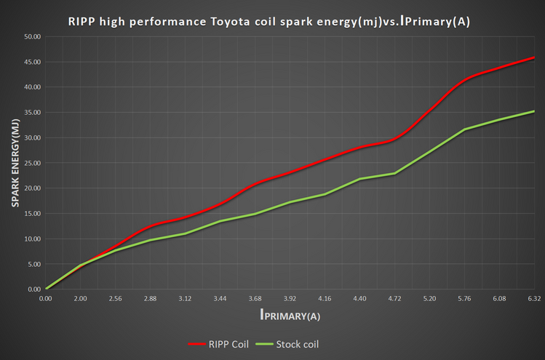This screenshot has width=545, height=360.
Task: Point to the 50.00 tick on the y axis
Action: (32, 36)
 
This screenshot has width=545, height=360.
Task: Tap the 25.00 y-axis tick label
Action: (32, 163)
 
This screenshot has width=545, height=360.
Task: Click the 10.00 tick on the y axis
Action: (32, 239)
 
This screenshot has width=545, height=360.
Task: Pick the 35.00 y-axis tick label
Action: (32, 112)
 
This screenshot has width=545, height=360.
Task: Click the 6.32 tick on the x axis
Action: (534, 298)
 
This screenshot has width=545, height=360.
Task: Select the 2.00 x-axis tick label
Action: (80, 298)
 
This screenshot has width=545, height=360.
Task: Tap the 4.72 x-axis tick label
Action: (394, 298)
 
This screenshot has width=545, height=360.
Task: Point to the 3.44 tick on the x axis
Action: (220, 298)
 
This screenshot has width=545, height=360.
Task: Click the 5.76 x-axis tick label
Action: (464, 298)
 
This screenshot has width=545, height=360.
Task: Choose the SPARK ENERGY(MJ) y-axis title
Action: (15, 162)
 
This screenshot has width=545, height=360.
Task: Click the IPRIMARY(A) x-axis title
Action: (290, 316)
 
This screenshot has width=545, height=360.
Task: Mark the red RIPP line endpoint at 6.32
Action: (534, 57)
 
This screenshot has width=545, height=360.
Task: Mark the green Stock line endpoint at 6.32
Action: (534, 111)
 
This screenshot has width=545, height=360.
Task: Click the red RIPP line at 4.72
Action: (394, 139)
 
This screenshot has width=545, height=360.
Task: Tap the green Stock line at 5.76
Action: (464, 129)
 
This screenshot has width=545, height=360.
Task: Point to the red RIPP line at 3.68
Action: (255, 183)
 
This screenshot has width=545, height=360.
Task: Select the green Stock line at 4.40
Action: (359, 179)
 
